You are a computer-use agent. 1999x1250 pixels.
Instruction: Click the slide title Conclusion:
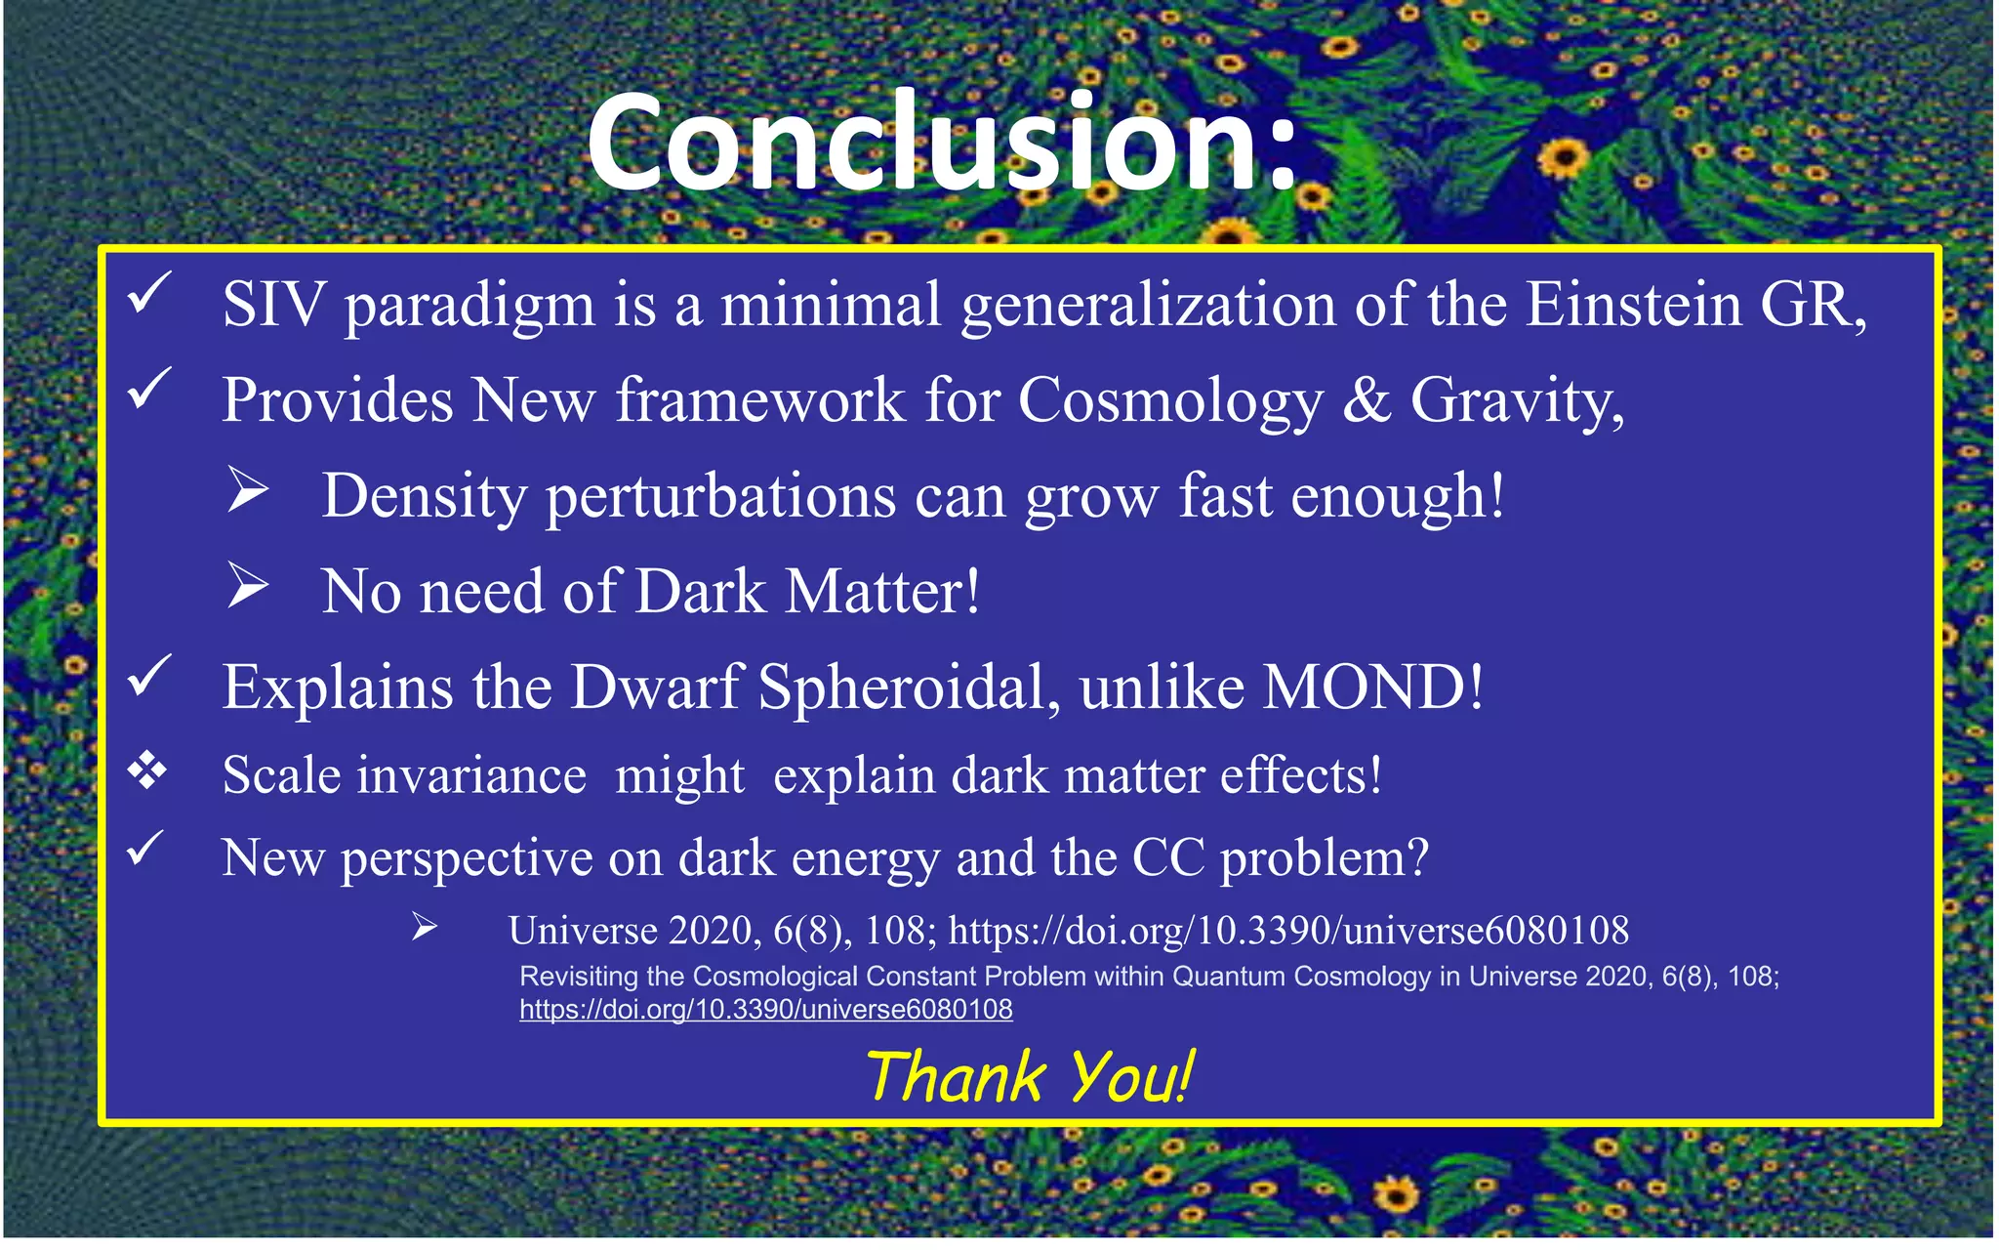(x=942, y=142)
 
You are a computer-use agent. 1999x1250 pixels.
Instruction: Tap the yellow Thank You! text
(x=1030, y=1076)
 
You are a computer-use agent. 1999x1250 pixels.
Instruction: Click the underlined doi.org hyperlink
(x=765, y=1009)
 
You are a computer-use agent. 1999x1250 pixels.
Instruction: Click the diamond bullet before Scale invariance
(x=146, y=771)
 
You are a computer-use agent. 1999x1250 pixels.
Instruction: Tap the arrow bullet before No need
(x=248, y=585)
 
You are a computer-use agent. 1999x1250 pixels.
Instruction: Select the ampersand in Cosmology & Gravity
(x=1367, y=399)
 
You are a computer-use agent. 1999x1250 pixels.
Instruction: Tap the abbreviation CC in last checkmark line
(x=1167, y=857)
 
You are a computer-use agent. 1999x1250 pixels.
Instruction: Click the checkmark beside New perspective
(x=146, y=848)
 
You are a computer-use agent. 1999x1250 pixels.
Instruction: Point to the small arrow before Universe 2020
(x=424, y=927)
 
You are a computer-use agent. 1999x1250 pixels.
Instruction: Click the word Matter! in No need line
(x=882, y=592)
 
